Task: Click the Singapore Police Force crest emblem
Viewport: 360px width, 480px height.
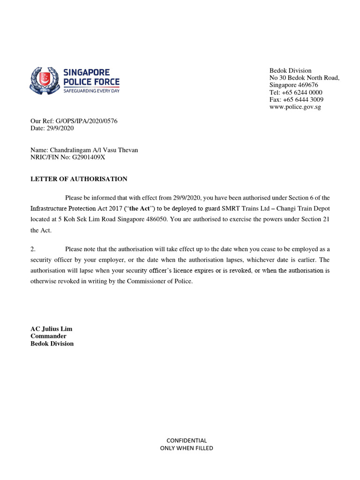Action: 45,81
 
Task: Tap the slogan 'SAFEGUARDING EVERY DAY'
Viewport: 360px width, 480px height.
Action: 91,90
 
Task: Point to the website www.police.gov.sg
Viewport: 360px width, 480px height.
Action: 295,107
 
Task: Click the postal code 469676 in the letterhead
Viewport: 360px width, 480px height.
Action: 307,85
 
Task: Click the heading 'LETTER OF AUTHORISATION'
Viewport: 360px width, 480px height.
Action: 79,179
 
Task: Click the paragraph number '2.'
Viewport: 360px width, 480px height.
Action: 33,249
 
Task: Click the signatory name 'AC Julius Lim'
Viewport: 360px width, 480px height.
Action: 51,329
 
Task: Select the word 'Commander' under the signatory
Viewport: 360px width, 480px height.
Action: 48,336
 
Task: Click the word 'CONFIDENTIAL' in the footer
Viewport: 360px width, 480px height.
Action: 187,441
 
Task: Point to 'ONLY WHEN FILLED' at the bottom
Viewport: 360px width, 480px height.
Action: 187,448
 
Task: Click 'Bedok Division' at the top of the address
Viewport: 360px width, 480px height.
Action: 290,70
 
